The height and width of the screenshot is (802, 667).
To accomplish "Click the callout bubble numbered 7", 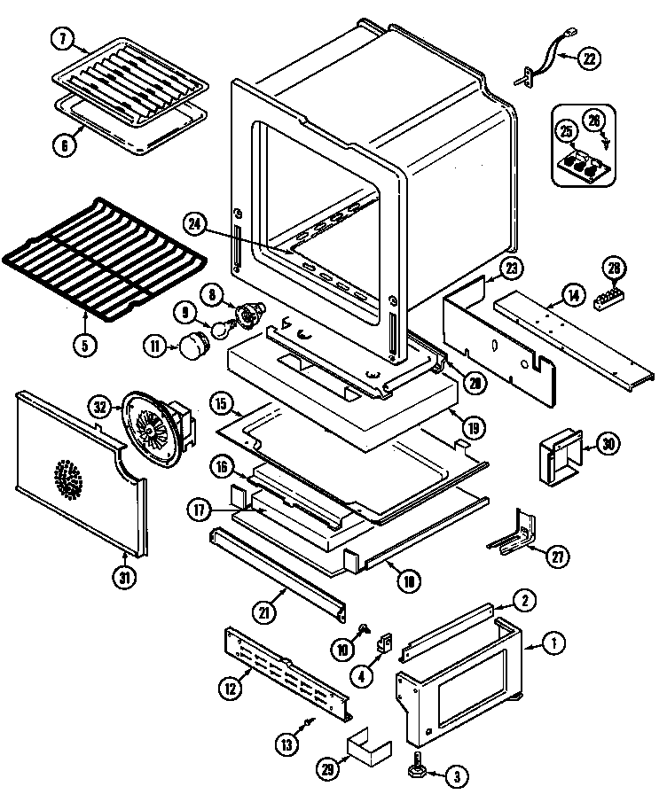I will pyautogui.click(x=62, y=39).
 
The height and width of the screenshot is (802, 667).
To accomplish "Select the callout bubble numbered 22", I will pyautogui.click(x=589, y=60).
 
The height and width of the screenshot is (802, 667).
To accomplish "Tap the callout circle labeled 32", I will pyautogui.click(x=99, y=407).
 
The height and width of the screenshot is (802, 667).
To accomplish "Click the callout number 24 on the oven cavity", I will pyautogui.click(x=198, y=227).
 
